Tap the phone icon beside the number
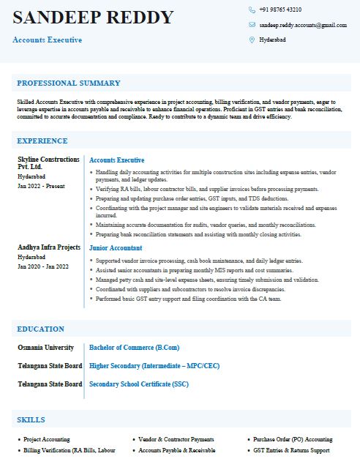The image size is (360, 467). click(x=252, y=10)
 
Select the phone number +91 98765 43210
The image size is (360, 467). click(x=280, y=10)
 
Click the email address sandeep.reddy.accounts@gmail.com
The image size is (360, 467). click(x=303, y=25)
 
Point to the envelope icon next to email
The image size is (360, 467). click(x=252, y=25)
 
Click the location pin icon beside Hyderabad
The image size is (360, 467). click(x=252, y=40)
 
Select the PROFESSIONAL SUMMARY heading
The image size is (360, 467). click(x=69, y=83)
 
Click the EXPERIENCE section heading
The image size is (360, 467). click(x=42, y=141)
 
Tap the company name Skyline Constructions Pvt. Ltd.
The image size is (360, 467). click(x=48, y=163)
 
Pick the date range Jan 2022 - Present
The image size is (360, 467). click(x=40, y=187)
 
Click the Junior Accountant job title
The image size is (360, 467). click(x=116, y=248)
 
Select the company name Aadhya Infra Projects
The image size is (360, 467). click(x=49, y=247)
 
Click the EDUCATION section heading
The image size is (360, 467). click(x=41, y=329)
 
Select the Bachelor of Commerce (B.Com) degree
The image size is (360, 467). click(x=134, y=347)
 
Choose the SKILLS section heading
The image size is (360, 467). click(x=31, y=420)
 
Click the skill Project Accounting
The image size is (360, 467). click(x=47, y=440)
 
